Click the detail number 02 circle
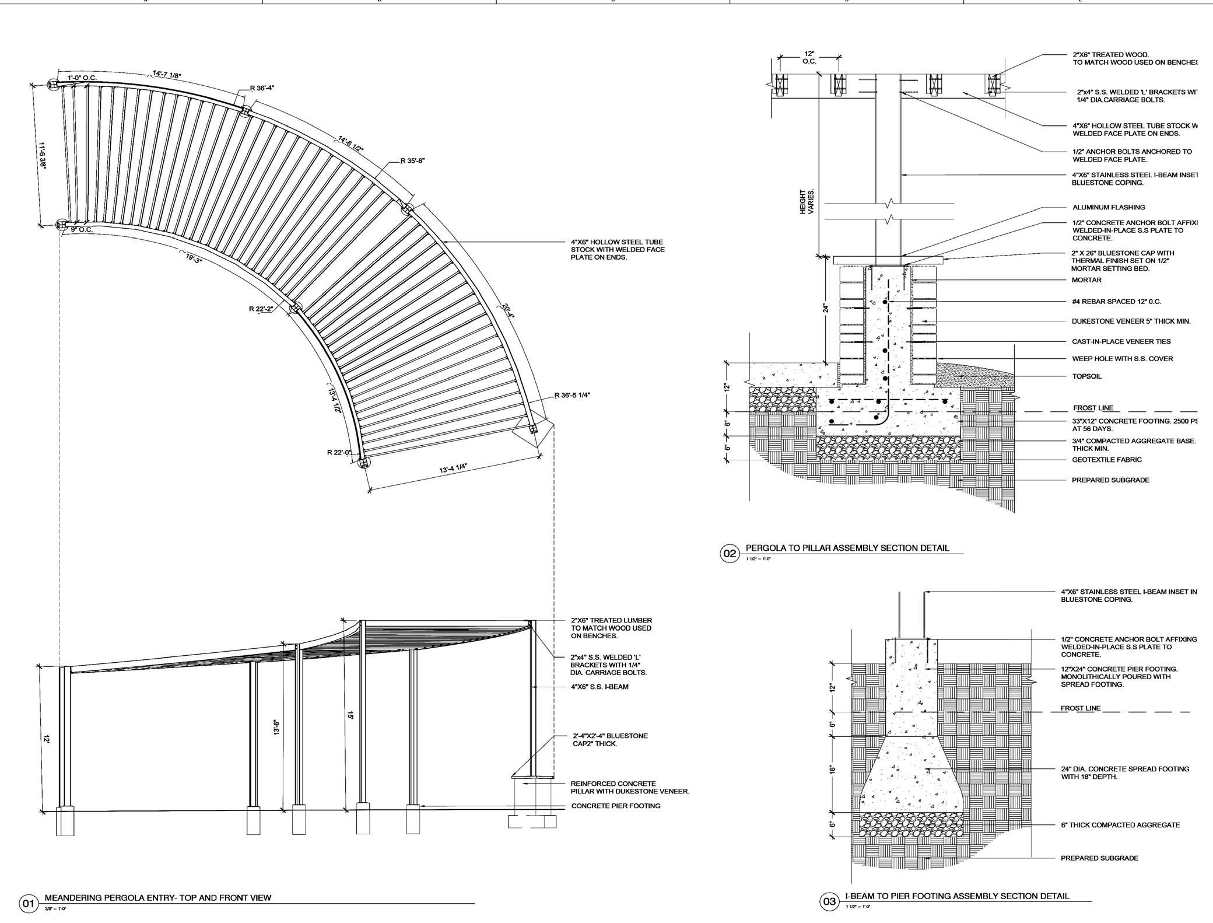pyautogui.click(x=730, y=553)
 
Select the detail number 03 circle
pyautogui.click(x=829, y=902)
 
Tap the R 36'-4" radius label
pyautogui.click(x=262, y=88)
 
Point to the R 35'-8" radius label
pyautogui.click(x=412, y=161)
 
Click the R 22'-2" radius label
pyautogui.click(x=261, y=309)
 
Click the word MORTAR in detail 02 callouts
pyautogui.click(x=1086, y=280)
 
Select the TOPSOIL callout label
pyautogui.click(x=1086, y=376)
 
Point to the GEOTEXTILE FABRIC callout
pyautogui.click(x=1106, y=460)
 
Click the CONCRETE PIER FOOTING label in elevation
pyautogui.click(x=615, y=806)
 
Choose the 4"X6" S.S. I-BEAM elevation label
pyautogui.click(x=599, y=687)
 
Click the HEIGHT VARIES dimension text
pyautogui.click(x=807, y=202)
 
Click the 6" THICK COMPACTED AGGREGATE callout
pyautogui.click(x=1120, y=825)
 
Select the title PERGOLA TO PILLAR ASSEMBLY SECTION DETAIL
pyautogui.click(x=847, y=548)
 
